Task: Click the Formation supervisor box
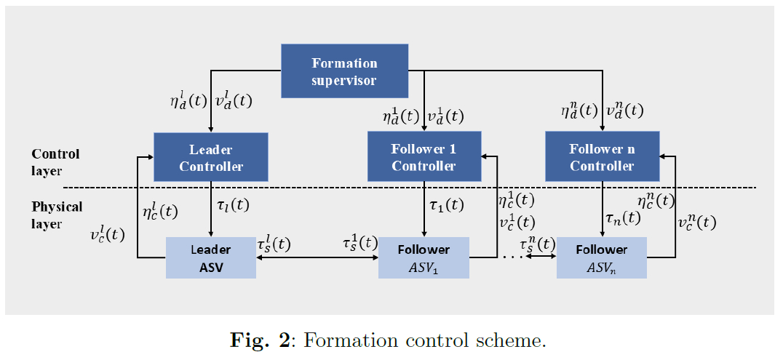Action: tap(344, 71)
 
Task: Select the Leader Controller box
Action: tap(211, 158)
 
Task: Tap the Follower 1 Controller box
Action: tap(424, 157)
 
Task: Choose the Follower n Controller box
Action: tap(602, 157)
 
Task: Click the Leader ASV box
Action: tap(211, 258)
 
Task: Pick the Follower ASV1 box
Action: tap(424, 258)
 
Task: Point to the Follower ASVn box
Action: tap(602, 258)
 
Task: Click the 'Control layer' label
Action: tap(55, 162)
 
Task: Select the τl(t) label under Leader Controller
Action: tap(233, 205)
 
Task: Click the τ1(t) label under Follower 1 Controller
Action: tap(446, 205)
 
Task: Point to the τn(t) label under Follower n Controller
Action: tap(623, 216)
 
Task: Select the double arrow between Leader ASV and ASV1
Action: tap(317, 257)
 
